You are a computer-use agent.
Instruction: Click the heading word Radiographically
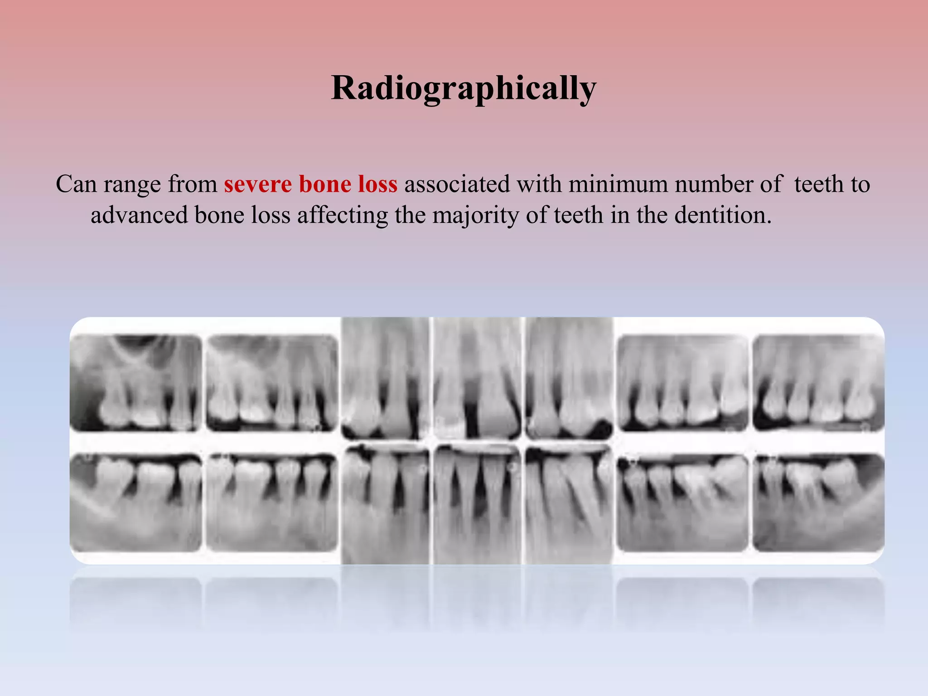click(464, 88)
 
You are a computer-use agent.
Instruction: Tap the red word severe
click(257, 184)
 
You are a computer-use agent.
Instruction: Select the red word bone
click(325, 184)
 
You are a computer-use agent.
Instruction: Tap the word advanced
click(139, 215)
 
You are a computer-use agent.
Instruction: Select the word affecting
click(342, 215)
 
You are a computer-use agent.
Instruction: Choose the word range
click(132, 185)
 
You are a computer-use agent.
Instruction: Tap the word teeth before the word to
click(819, 184)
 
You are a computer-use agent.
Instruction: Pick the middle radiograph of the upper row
click(477, 378)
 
